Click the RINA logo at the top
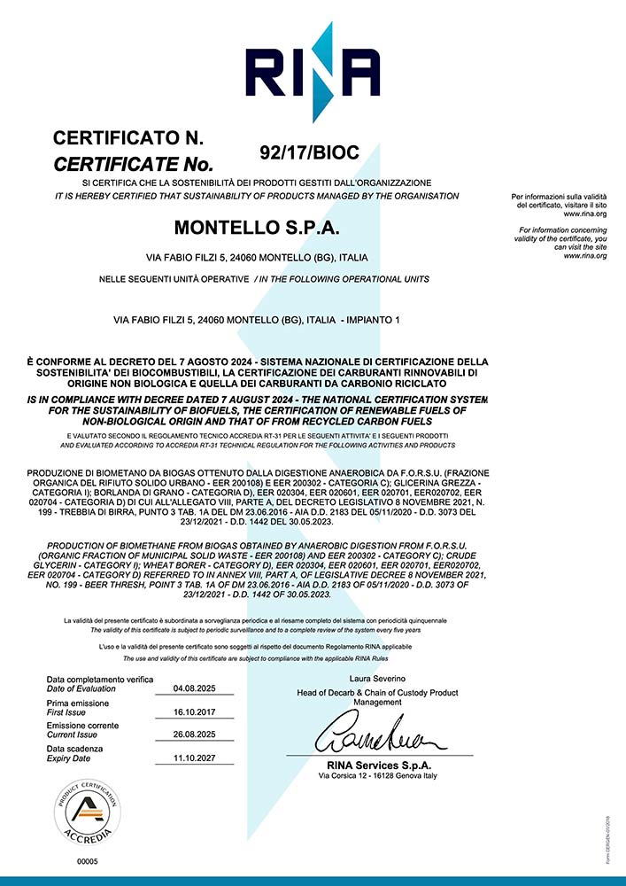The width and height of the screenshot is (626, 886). (313, 70)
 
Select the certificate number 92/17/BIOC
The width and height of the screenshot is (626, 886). (309, 152)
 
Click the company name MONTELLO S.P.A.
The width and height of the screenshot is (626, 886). (257, 228)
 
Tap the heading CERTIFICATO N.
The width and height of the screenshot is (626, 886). (129, 138)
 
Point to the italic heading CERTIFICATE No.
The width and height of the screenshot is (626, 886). (134, 165)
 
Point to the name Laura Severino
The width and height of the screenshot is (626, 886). (382, 680)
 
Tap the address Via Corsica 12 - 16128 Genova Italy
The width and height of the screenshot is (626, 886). (378, 776)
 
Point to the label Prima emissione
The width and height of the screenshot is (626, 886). (80, 703)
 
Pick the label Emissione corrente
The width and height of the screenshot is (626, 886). (82, 726)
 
